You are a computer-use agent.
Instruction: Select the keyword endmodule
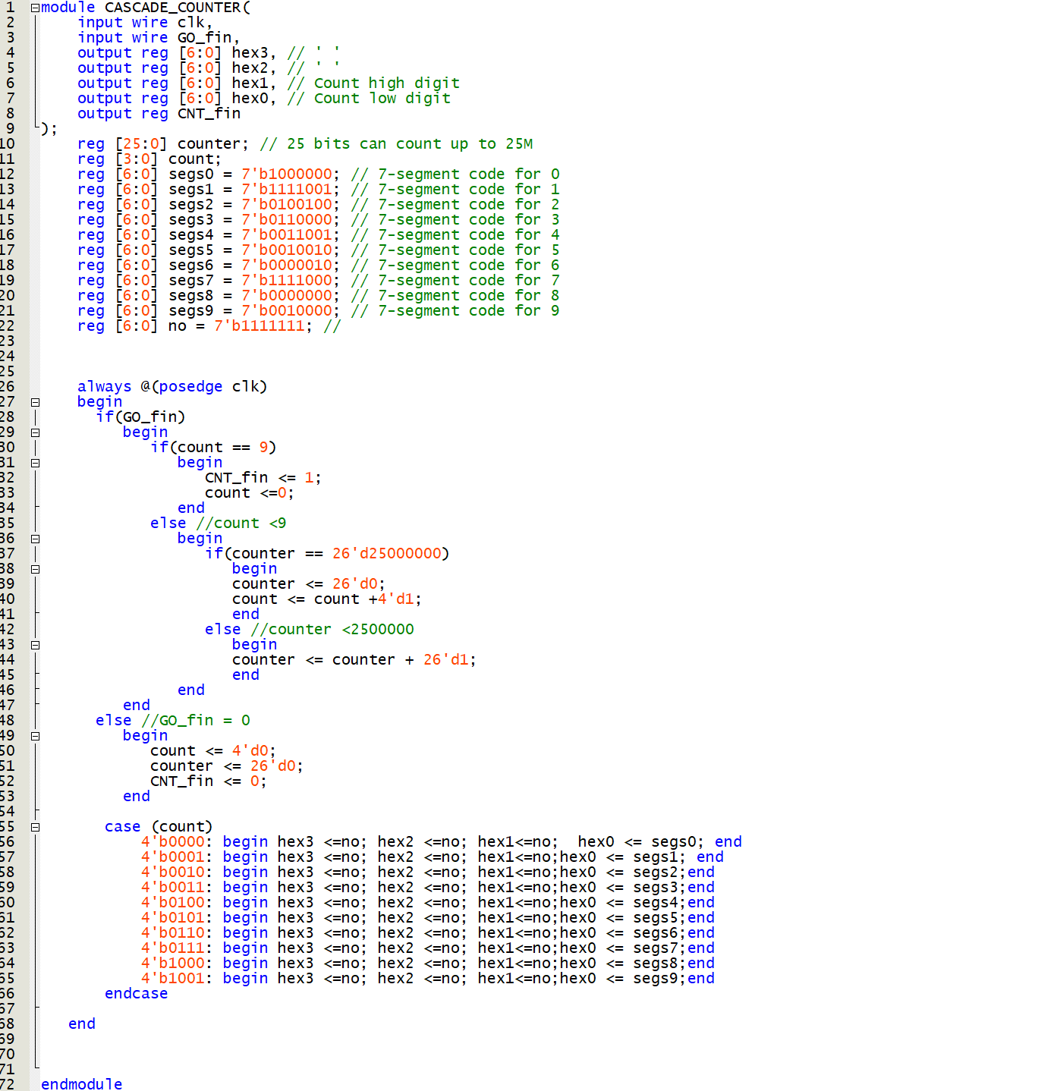tap(81, 1083)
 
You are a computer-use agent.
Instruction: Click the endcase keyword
tap(136, 993)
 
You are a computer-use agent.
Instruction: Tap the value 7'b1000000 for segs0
tap(287, 174)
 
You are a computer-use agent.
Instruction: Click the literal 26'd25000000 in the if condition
tap(387, 553)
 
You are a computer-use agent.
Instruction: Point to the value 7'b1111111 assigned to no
tap(260, 325)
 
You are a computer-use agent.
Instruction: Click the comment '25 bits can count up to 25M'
tap(396, 143)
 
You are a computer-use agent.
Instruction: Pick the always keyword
tap(104, 386)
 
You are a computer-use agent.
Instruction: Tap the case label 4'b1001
tap(173, 978)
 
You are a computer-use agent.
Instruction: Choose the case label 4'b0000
tap(173, 841)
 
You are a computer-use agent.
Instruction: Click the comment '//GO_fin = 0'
tap(196, 720)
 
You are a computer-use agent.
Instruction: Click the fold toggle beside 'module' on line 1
tap(35, 8)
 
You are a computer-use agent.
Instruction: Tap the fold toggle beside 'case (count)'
tap(35, 827)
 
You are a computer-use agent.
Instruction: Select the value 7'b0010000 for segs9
tap(287, 310)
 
